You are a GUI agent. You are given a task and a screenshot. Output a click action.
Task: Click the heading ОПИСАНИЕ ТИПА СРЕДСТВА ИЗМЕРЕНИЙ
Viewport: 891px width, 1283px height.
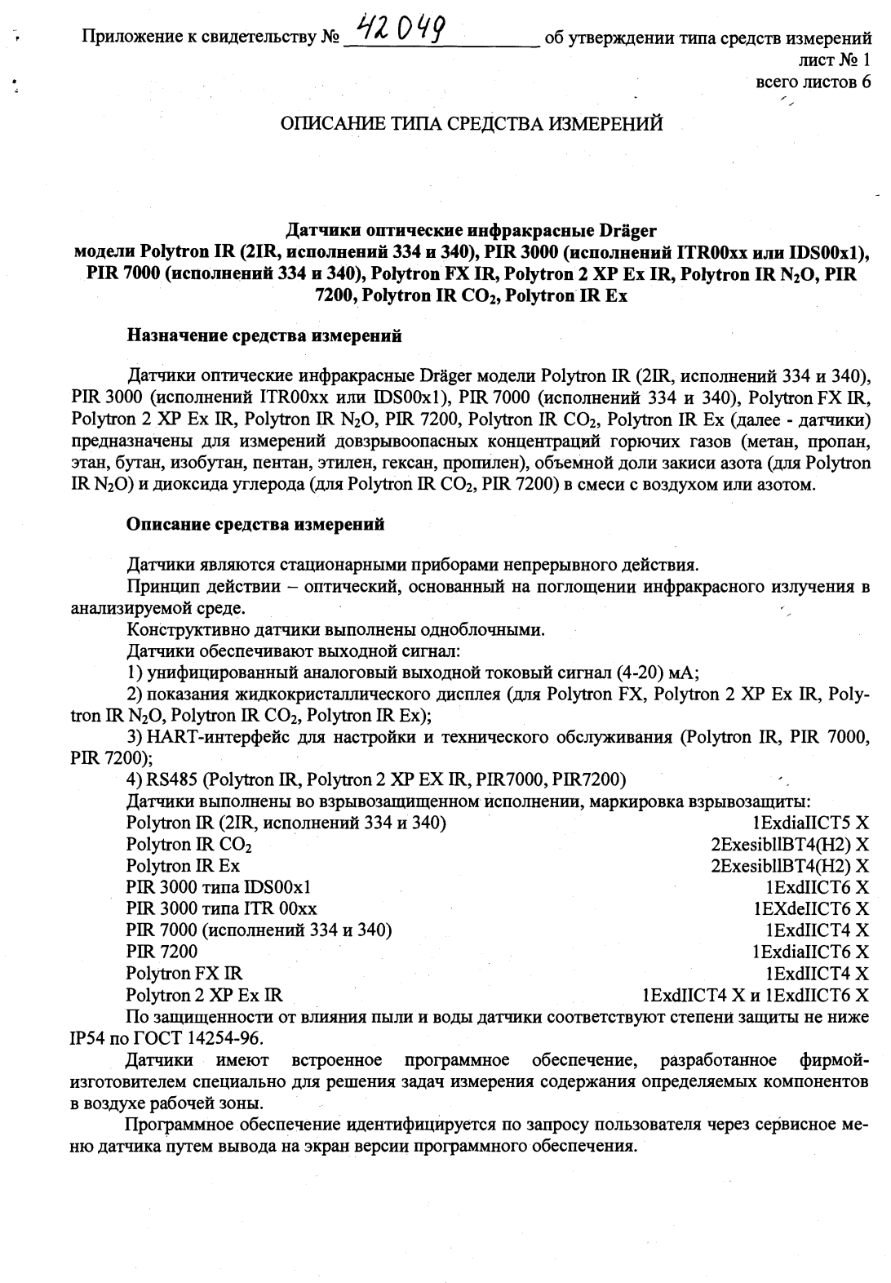tap(471, 125)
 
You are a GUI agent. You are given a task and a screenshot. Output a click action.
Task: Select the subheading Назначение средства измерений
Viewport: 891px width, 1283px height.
tap(264, 335)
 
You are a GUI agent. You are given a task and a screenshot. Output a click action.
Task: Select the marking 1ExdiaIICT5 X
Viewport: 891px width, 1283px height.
tap(811, 823)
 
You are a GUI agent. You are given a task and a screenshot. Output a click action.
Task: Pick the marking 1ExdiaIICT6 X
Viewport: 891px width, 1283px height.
tap(811, 952)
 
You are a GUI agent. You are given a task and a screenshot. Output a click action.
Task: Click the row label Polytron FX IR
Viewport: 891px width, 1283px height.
tap(184, 973)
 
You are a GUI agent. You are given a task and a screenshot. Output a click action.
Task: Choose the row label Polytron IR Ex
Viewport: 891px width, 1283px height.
tap(183, 865)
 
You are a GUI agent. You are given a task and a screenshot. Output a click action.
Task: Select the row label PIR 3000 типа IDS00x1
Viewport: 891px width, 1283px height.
tap(219, 887)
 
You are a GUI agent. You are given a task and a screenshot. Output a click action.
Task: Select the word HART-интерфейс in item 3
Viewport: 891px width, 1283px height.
tap(206, 737)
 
